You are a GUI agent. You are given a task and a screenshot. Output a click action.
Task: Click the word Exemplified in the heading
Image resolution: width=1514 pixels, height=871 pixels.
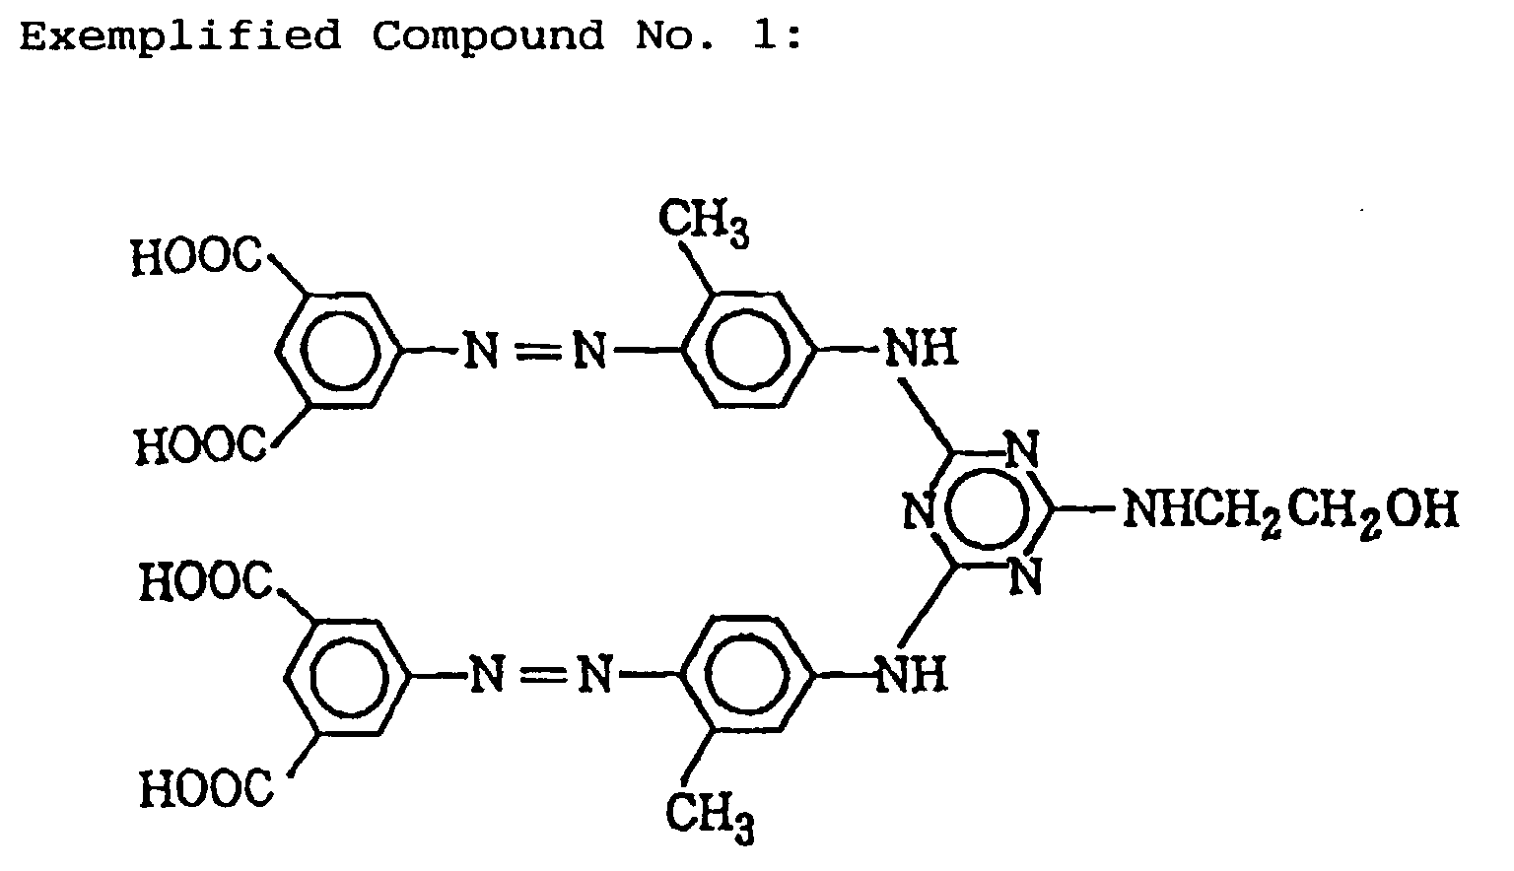179,36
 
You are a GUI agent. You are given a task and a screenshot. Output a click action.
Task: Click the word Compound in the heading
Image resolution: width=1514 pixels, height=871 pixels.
488,36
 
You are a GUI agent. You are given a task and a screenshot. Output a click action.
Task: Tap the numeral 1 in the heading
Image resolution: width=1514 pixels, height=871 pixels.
766,36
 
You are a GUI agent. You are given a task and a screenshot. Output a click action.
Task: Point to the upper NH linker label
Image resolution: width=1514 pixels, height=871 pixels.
920,349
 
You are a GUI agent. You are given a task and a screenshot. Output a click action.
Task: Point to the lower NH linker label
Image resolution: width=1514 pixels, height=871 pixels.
911,676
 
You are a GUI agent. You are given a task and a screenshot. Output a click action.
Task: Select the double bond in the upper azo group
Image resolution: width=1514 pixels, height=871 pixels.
533,351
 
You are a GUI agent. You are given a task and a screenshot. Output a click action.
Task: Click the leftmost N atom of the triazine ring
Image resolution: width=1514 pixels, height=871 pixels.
918,511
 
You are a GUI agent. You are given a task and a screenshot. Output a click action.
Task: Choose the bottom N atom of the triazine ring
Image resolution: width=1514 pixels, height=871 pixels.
1025,575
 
